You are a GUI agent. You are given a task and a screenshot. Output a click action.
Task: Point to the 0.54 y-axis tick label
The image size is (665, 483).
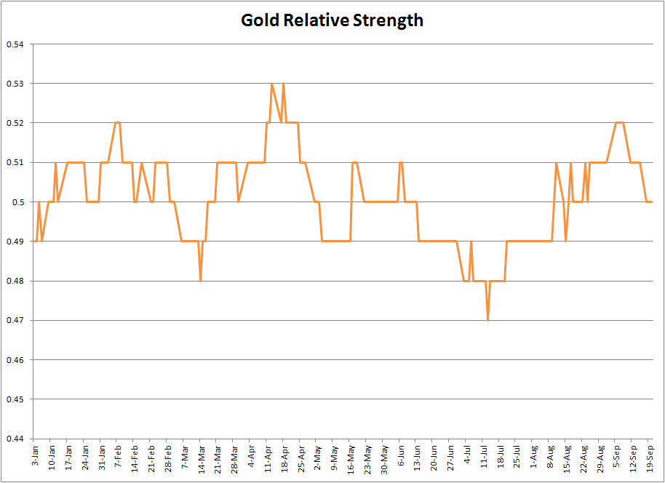point(15,44)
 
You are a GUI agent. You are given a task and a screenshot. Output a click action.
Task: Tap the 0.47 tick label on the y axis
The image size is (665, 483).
point(15,320)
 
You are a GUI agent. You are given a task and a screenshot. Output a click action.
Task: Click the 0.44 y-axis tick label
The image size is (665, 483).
point(15,439)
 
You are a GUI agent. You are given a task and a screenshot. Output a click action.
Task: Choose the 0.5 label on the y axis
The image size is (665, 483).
point(18,202)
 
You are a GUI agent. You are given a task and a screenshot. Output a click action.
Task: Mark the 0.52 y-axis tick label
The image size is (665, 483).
point(15,123)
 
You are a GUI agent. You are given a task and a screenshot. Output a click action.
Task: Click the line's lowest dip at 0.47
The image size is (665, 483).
point(488,319)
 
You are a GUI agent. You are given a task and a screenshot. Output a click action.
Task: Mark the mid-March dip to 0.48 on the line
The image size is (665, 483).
point(201,280)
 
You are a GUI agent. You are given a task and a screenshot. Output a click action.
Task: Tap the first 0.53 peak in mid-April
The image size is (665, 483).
point(271,84)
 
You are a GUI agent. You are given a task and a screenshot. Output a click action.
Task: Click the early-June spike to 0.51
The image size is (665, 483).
point(401,162)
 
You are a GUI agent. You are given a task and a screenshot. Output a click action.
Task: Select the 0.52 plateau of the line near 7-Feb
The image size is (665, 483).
point(118,123)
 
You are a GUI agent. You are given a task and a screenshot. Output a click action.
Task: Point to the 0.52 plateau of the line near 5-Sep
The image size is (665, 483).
point(620,123)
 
